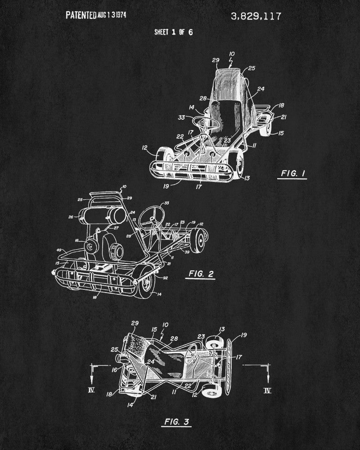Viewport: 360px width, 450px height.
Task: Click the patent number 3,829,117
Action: [256, 17]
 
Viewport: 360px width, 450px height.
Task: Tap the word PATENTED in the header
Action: [81, 15]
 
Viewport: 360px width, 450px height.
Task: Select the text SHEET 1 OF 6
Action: [173, 32]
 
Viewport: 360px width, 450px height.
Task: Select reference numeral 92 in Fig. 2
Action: [165, 278]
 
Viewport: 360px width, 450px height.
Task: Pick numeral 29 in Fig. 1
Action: [216, 60]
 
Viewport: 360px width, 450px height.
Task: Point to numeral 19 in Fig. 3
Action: [244, 335]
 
